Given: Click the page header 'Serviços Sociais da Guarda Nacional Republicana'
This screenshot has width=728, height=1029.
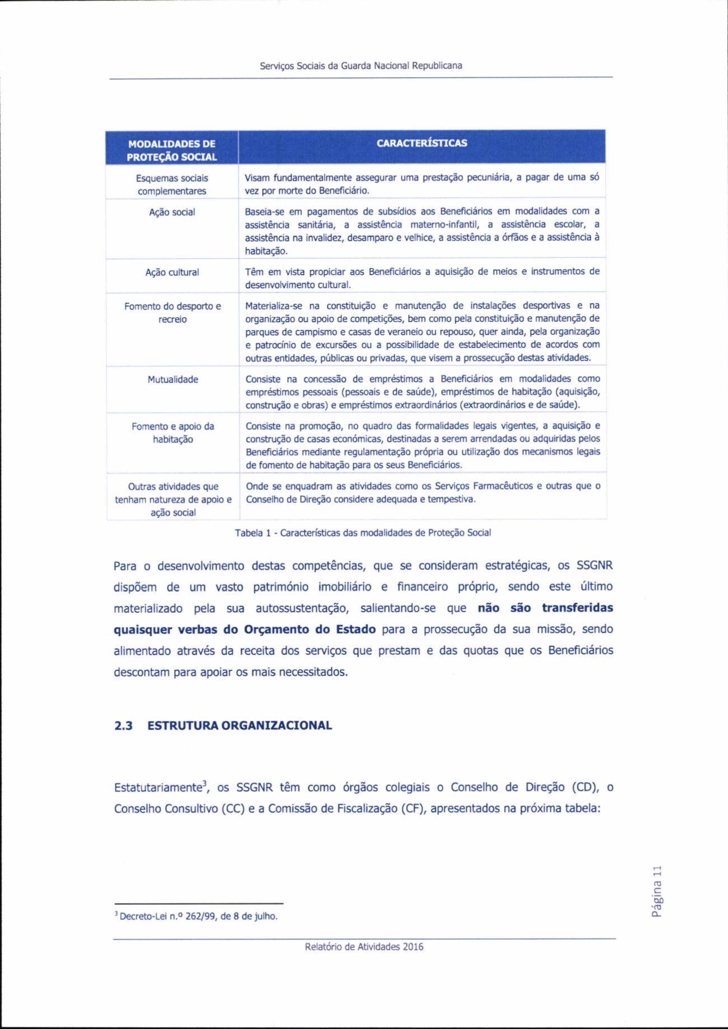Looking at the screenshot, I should (x=361, y=65).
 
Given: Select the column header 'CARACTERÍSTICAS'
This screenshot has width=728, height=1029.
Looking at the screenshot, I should (x=422, y=143).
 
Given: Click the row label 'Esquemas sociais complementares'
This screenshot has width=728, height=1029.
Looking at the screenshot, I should (x=172, y=185).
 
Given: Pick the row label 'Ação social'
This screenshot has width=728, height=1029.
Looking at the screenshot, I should (x=172, y=213).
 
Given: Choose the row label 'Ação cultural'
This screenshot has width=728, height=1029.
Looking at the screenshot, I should (x=172, y=272).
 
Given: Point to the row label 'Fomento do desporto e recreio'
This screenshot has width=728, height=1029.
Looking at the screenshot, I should (x=172, y=313).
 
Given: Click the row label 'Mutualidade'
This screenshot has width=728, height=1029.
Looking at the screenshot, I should (x=172, y=379).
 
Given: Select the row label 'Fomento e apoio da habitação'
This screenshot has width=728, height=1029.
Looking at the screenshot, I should (x=172, y=433).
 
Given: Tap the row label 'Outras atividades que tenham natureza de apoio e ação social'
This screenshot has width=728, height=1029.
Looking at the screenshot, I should (x=172, y=500).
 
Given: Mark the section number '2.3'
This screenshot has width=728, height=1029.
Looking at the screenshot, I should (x=123, y=726).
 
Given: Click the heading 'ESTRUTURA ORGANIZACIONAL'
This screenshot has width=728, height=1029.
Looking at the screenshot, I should (x=240, y=726).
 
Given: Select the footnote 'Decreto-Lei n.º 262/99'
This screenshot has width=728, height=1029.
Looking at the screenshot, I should (x=197, y=917).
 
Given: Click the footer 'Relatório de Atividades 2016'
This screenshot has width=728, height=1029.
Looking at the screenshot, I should (x=364, y=947).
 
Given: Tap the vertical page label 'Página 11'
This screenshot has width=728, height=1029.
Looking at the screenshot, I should (x=656, y=894).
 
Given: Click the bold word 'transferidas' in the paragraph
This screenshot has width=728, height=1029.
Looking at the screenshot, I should (x=577, y=608).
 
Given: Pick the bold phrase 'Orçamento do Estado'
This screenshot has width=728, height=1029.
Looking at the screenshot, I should (x=310, y=629).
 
